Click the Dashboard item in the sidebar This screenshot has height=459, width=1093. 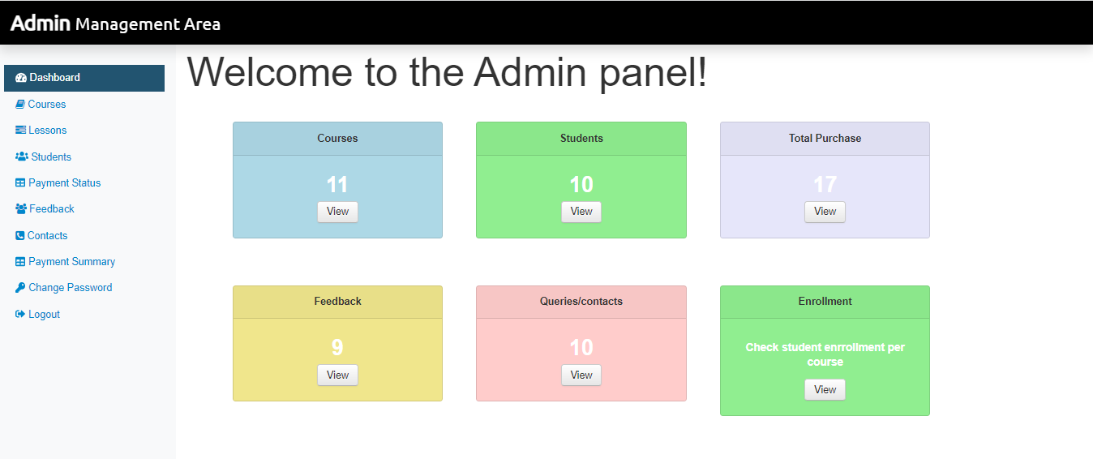coord(54,78)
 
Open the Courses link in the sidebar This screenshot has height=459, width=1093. coord(46,105)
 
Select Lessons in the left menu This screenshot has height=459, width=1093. coord(47,131)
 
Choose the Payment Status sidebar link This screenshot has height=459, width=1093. coord(64,183)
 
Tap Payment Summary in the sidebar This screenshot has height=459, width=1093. coord(71,262)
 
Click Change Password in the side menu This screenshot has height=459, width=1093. coord(70,288)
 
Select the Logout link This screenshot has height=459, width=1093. coord(44,315)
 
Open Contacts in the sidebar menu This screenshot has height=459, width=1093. coord(47,236)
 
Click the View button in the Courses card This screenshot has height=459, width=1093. coord(337,212)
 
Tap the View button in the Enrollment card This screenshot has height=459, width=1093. coord(825,390)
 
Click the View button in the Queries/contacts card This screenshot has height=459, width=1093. coord(581,375)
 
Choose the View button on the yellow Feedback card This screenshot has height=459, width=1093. coord(337,375)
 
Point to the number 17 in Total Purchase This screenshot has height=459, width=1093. coord(825,185)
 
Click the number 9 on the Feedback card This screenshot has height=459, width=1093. coord(337,348)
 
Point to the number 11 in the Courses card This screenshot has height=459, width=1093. coord(337,185)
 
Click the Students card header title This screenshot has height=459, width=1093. coord(581,139)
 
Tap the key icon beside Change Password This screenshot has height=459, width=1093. coord(20,288)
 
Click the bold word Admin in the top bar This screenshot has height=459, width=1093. coord(41,24)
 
